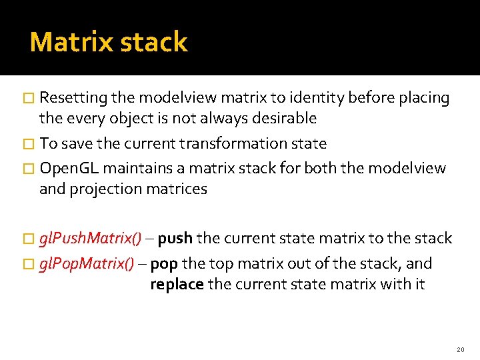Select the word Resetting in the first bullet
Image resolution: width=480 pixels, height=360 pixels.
(x=73, y=98)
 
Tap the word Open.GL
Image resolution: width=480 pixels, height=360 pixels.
(x=69, y=168)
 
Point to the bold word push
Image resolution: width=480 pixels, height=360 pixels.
(x=175, y=239)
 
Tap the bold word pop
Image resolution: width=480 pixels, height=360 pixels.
(x=164, y=264)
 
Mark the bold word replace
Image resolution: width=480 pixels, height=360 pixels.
(x=177, y=285)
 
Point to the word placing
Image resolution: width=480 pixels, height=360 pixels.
(x=424, y=98)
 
